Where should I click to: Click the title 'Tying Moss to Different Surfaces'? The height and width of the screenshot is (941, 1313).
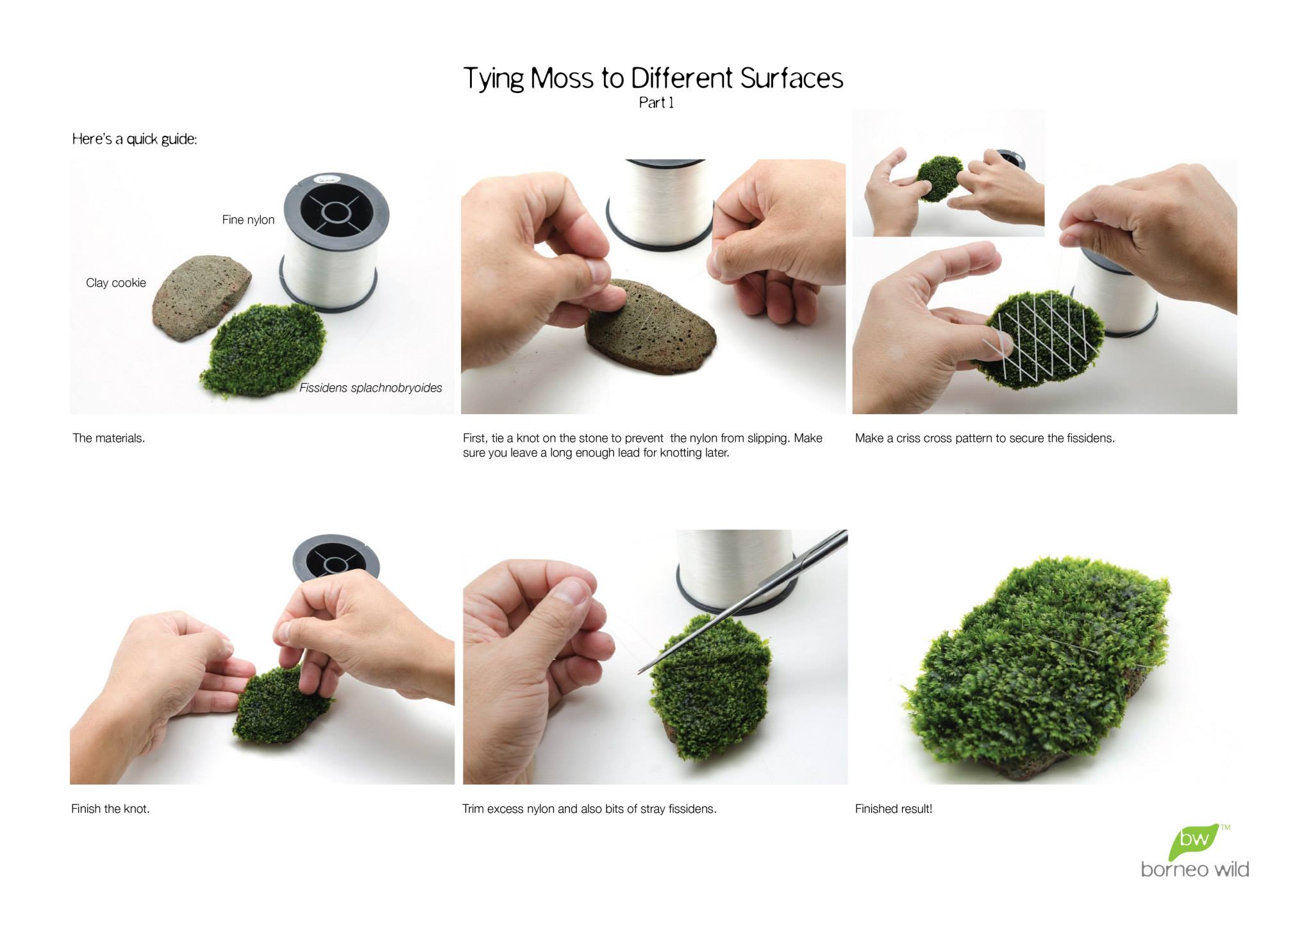pos(653,78)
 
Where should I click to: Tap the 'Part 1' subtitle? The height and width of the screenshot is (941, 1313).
pos(656,103)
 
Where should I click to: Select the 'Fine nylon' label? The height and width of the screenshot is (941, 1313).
pos(248,220)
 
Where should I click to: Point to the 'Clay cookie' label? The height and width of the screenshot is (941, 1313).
pos(116,283)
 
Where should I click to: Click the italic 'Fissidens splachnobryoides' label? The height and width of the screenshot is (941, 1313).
pos(371,388)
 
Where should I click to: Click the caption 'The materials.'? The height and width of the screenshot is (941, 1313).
pos(109,438)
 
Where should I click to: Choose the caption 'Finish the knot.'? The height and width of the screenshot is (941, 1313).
pos(110,809)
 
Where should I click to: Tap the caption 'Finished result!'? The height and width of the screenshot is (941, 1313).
pos(894,809)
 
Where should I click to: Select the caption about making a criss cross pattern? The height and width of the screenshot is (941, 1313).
pos(985,438)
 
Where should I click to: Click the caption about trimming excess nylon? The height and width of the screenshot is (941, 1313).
pos(589,809)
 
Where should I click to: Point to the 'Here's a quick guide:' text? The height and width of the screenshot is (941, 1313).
pos(135,139)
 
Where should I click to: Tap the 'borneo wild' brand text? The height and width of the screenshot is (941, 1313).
pos(1195,869)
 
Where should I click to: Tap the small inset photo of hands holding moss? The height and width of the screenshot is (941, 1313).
pos(948,172)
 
